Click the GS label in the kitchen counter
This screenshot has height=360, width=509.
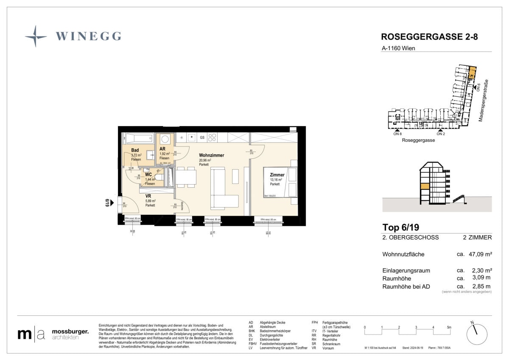coord(202,138)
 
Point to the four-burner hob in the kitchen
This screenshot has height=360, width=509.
coord(213,138)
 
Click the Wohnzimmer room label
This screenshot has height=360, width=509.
coord(211,155)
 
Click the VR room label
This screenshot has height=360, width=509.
coord(148,196)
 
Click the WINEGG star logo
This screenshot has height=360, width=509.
coord(36,36)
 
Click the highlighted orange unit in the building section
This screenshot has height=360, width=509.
coord(424,186)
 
